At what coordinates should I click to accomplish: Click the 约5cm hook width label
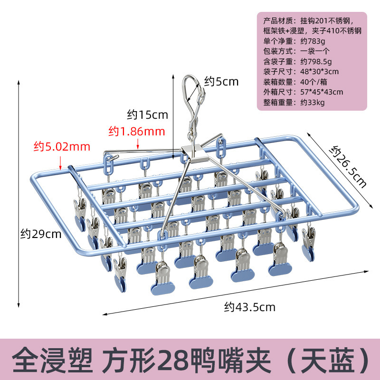coord(221,82)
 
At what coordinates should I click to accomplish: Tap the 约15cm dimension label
coord(148,114)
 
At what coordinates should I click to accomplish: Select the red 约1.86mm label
coord(136,130)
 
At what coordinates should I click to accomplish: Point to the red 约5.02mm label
coord(62,146)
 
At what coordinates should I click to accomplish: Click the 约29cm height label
coord(41,234)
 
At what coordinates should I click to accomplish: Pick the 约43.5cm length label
coord(250,307)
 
